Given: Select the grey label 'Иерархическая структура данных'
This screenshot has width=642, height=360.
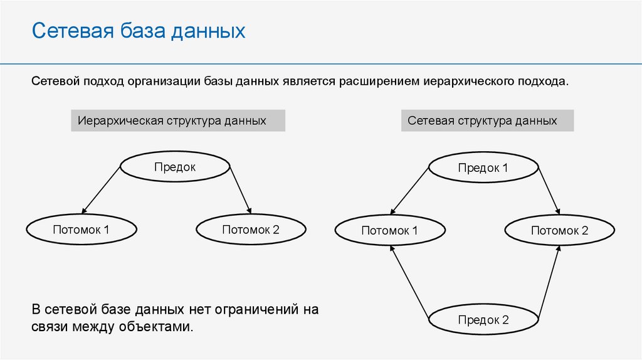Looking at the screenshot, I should (178, 120).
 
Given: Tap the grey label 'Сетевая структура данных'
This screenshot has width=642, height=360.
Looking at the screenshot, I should (487, 120).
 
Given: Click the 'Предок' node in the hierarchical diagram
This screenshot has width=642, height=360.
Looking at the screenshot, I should (175, 167).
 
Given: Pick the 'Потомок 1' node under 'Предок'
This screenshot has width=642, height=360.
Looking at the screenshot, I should (82, 230).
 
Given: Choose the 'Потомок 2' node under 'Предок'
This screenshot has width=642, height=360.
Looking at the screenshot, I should (251, 230).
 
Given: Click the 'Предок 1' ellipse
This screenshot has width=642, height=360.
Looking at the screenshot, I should (483, 167).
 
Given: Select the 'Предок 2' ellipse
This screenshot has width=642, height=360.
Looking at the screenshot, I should (483, 320).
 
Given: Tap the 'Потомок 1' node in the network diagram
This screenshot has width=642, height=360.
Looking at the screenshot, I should (389, 231).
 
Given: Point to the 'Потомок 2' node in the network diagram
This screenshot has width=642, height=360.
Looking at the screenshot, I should (559, 231).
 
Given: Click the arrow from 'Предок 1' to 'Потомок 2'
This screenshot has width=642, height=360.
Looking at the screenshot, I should (548, 190).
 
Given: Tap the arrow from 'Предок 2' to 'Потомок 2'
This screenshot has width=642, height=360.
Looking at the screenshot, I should (548, 281).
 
